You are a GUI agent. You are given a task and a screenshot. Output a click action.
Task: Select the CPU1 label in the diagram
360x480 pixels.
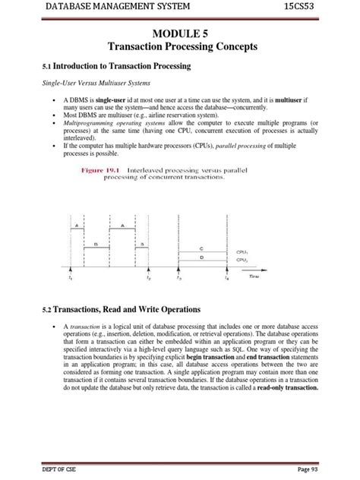242,251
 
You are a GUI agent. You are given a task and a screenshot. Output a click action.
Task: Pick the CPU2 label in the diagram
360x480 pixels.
242,260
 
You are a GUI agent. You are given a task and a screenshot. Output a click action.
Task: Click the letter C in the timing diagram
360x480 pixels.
201,248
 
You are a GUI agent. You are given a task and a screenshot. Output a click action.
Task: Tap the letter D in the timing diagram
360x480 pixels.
201,257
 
